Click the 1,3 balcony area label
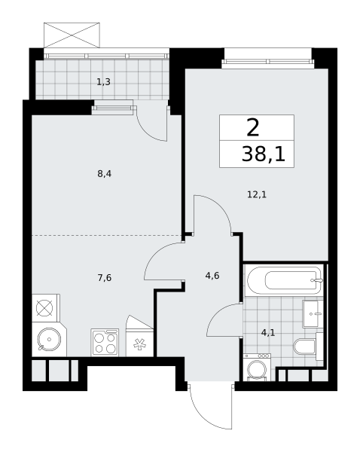click(x=103, y=82)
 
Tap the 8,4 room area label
click(x=105, y=174)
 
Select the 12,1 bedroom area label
click(x=257, y=194)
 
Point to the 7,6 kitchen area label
click(x=105, y=278)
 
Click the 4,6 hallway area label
click(x=212, y=276)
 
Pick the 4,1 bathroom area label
click(x=268, y=333)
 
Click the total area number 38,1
click(x=264, y=154)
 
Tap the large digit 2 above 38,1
click(x=253, y=128)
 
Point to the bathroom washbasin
click(x=313, y=313)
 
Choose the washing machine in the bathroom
click(x=257, y=367)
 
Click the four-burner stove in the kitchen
click(x=105, y=342)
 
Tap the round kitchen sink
click(x=49, y=339)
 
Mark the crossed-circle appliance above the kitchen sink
click(x=45, y=308)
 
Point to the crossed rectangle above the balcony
click(x=72, y=35)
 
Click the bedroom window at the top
click(x=268, y=62)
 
